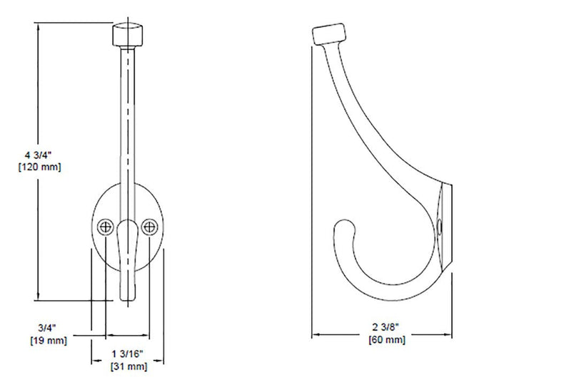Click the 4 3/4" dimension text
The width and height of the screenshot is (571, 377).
39,155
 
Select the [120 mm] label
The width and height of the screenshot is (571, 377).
40,167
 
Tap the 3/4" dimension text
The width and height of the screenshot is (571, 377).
47,328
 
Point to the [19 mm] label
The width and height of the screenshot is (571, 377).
49,341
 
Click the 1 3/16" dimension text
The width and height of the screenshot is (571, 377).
128,353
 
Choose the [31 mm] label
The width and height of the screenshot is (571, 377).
129,366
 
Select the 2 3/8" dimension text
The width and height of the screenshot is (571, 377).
387,327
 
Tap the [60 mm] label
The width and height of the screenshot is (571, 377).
387,339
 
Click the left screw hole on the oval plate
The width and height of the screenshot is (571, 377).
106,227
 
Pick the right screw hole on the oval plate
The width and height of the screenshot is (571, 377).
149,227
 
